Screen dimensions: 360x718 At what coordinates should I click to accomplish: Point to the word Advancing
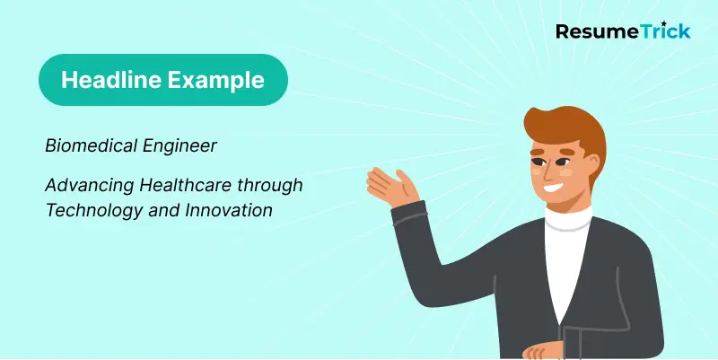point(87,185)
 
